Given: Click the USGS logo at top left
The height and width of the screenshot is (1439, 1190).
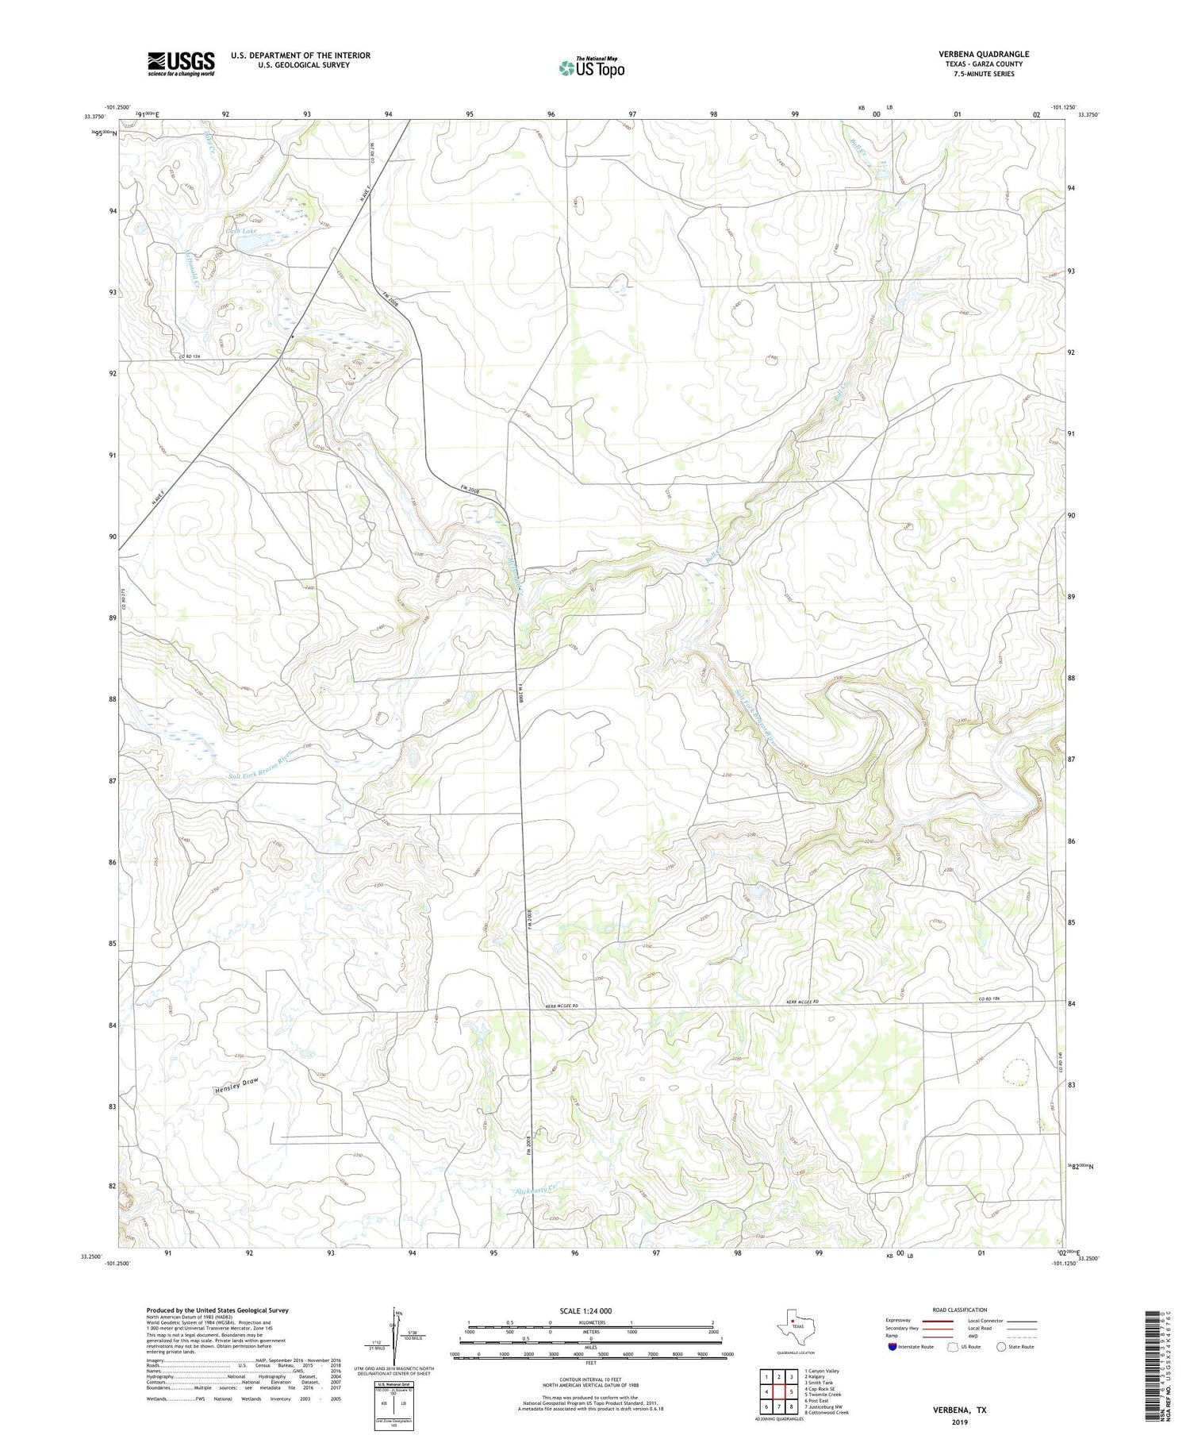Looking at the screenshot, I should click(181, 63).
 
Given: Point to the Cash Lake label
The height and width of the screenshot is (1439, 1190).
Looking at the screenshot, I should click(241, 231).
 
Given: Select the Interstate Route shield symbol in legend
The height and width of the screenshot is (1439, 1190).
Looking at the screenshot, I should click(892, 1346).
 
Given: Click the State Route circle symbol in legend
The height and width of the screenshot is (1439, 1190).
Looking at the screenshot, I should click(1001, 1346).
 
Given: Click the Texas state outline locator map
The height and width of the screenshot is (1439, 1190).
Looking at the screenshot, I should click(793, 1323).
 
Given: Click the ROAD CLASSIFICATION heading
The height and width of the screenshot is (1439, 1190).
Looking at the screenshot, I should click(960, 1310).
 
